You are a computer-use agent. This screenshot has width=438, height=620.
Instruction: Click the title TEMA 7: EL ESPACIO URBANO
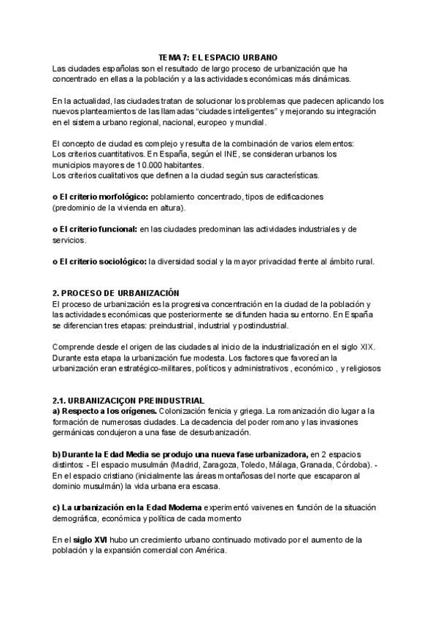(x=217, y=56)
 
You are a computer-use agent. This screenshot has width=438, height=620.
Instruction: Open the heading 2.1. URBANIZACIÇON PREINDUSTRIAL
(x=128, y=400)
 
